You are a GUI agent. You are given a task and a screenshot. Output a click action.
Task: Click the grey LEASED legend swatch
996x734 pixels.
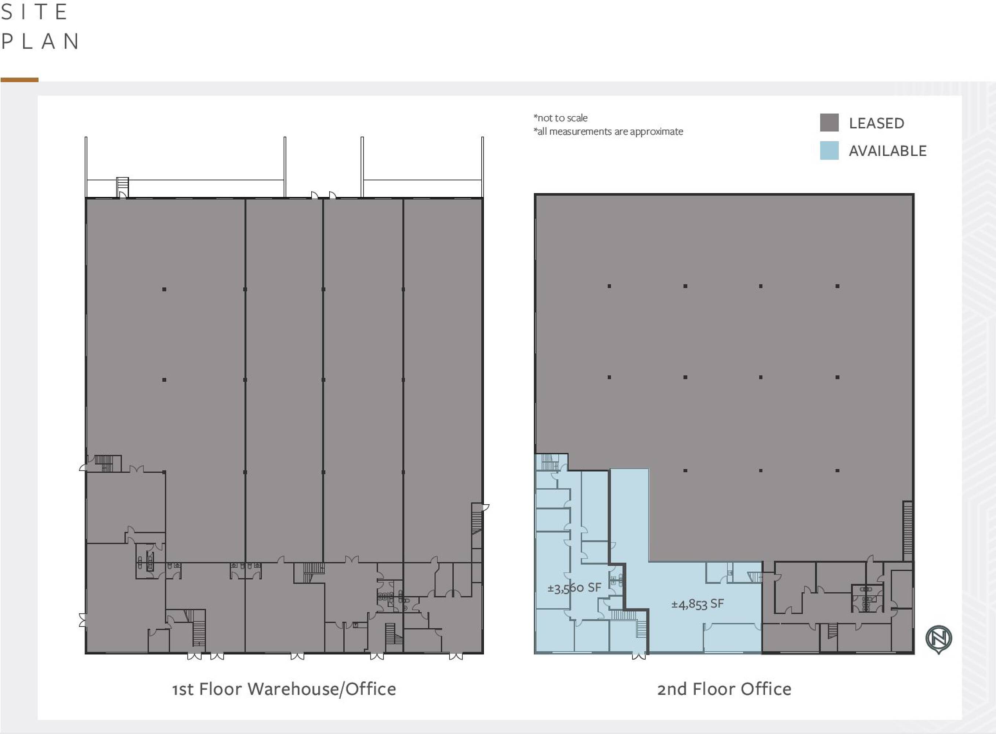(829, 123)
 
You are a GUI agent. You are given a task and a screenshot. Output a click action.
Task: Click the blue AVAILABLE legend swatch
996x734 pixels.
(829, 150)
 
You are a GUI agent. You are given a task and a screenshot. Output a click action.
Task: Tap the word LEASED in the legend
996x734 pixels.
(876, 123)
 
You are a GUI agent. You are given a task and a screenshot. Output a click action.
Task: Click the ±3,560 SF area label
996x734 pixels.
(574, 588)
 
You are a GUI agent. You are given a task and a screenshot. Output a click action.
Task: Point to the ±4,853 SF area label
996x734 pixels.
(697, 604)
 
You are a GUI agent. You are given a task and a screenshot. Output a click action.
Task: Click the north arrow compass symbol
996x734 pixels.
(939, 639)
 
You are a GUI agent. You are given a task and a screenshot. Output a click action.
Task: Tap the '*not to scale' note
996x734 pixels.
(561, 118)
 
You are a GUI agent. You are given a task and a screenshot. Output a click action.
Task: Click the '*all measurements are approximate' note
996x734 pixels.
(608, 131)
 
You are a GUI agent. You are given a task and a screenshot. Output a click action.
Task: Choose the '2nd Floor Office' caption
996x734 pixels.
(724, 689)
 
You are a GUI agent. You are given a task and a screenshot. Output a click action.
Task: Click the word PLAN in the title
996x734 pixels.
(40, 41)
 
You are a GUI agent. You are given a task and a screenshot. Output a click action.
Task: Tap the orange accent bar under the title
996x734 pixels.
(19, 80)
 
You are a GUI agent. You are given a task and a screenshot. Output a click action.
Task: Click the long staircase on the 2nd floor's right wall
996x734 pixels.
(908, 531)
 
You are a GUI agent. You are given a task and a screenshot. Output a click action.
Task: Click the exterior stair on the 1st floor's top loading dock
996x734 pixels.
(122, 187)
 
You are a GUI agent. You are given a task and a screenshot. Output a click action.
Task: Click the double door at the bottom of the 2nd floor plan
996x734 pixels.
(639, 656)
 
